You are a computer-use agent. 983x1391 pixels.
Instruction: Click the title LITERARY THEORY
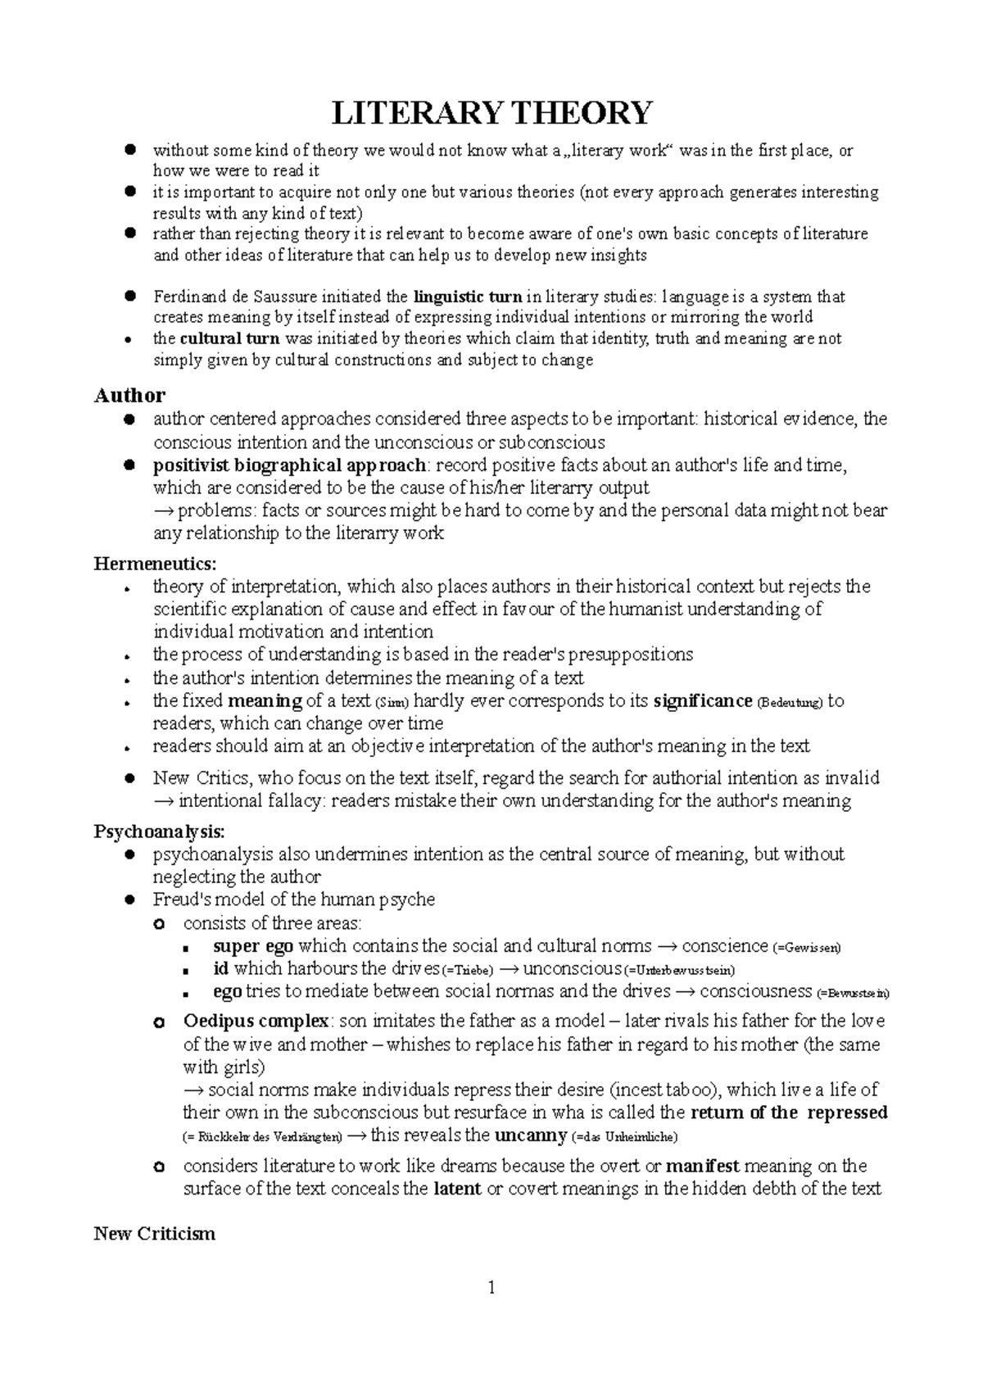click(491, 112)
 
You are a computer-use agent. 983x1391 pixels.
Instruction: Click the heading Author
click(129, 396)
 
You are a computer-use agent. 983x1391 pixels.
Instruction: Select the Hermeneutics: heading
click(156, 564)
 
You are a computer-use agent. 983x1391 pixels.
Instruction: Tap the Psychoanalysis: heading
click(158, 831)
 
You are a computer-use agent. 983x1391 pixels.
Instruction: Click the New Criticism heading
click(155, 1234)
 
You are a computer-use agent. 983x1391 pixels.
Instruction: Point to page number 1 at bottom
click(491, 1289)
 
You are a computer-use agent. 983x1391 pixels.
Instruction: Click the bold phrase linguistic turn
click(468, 297)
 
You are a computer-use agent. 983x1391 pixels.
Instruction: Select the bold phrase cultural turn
click(229, 339)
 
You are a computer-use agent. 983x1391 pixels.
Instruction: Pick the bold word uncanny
click(531, 1135)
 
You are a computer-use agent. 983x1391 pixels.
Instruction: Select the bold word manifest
click(702, 1166)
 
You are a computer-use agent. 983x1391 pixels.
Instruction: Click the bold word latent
click(456, 1189)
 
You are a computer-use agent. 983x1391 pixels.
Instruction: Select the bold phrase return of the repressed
click(790, 1112)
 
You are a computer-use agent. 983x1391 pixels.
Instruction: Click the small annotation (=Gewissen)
click(806, 948)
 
